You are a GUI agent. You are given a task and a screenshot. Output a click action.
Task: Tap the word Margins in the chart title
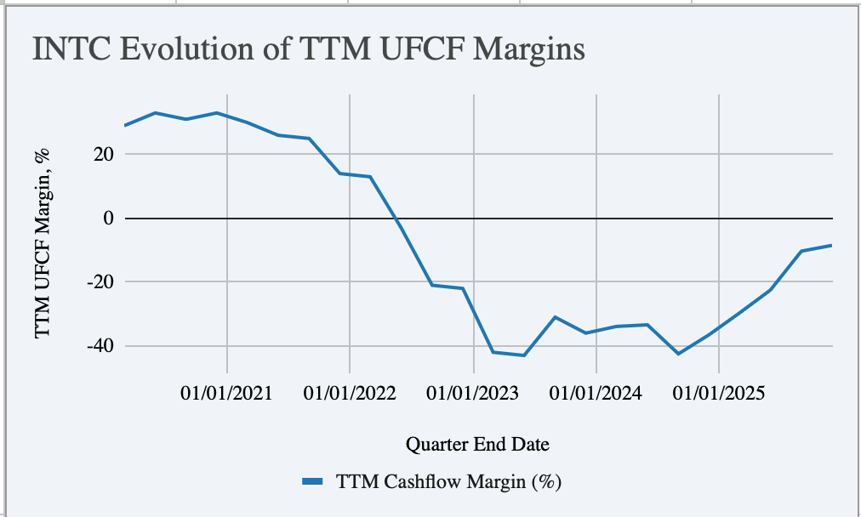tap(532, 49)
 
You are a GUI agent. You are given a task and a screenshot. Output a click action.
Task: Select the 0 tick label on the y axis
tap(108, 219)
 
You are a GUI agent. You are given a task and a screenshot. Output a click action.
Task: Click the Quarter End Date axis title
tap(477, 444)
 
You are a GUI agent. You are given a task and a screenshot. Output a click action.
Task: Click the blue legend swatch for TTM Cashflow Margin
tap(312, 482)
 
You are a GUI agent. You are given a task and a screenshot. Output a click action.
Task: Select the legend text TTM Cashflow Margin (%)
tap(449, 482)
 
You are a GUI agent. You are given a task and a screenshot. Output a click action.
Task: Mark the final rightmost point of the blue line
tap(831, 246)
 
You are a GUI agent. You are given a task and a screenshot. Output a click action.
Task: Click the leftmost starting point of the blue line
tap(125, 126)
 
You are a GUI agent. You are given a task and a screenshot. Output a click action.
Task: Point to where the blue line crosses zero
tap(397, 219)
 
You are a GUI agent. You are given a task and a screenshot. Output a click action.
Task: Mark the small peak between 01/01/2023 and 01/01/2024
tap(555, 317)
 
